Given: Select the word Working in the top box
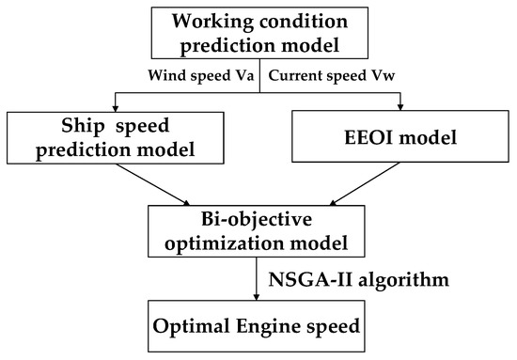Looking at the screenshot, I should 198,20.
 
